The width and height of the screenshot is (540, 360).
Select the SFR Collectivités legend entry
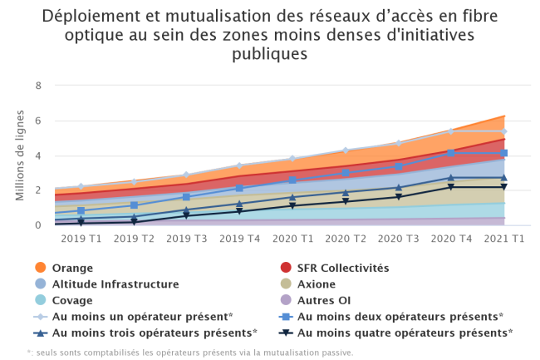(x=342, y=268)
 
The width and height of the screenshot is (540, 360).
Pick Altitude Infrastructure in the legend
(x=115, y=284)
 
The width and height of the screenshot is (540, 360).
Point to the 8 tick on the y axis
(x=38, y=86)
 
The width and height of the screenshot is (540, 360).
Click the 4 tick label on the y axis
(x=38, y=155)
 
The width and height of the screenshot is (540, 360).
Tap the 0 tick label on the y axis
(x=38, y=225)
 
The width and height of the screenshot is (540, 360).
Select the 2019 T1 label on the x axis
(x=81, y=239)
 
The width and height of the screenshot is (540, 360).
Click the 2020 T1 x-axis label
(x=292, y=239)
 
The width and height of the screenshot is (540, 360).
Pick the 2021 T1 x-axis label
(x=504, y=239)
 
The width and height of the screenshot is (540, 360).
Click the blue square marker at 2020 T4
(x=451, y=153)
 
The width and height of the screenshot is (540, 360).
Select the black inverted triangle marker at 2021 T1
(x=504, y=187)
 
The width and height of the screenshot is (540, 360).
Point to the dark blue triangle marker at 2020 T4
(x=451, y=177)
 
